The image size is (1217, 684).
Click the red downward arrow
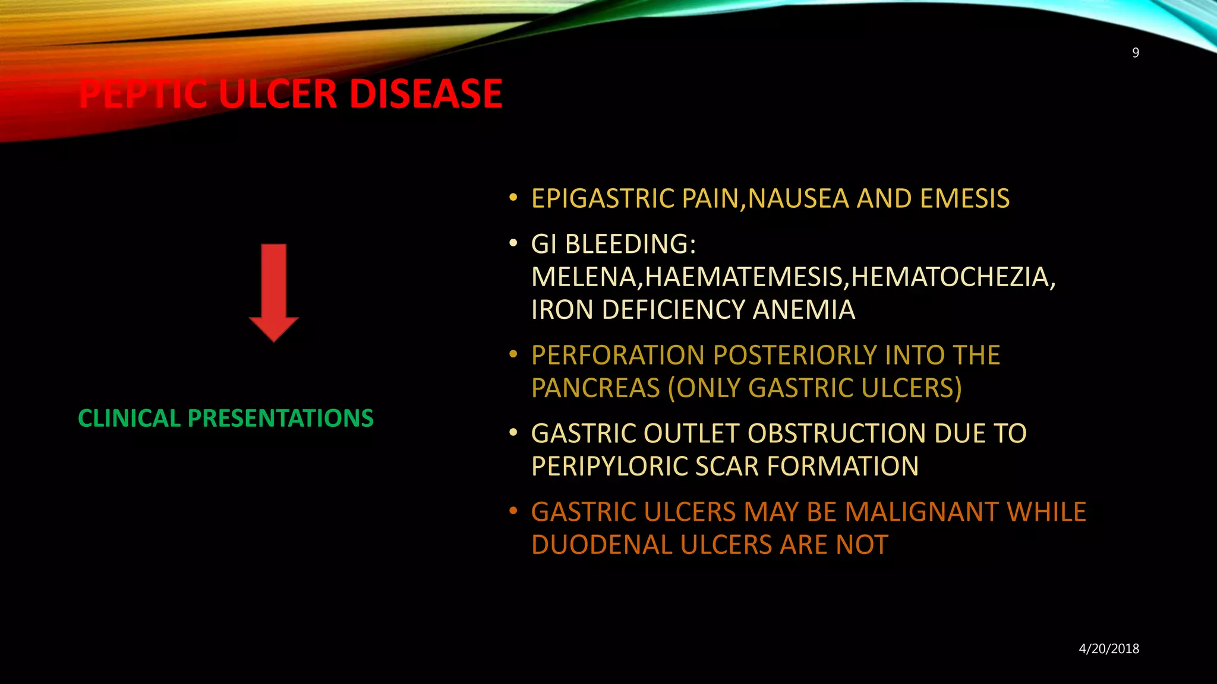pyautogui.click(x=273, y=291)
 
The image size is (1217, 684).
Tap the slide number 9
pyautogui.click(x=1135, y=53)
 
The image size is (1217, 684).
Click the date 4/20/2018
pyautogui.click(x=1109, y=648)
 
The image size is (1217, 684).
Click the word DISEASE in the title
pyautogui.click(x=425, y=94)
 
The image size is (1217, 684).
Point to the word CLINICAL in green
pyautogui.click(x=129, y=418)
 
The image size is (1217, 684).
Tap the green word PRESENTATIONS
pyautogui.click(x=280, y=418)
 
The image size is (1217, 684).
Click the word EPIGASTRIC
pyautogui.click(x=603, y=198)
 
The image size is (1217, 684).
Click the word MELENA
pyautogui.click(x=584, y=277)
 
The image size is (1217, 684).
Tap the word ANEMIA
pyautogui.click(x=803, y=309)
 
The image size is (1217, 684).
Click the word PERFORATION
pyautogui.click(x=618, y=355)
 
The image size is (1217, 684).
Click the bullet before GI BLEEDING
pyautogui.click(x=513, y=244)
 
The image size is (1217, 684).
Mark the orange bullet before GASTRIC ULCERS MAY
pyautogui.click(x=513, y=512)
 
